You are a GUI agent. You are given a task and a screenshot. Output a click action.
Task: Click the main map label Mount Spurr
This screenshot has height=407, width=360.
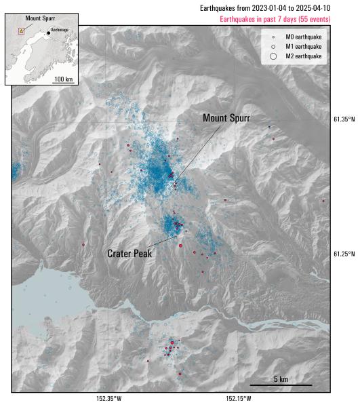(226, 118)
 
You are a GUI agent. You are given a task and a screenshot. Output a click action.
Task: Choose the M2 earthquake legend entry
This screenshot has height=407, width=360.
(304, 56)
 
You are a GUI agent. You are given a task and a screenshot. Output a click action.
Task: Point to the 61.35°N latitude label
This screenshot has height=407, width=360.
(344, 119)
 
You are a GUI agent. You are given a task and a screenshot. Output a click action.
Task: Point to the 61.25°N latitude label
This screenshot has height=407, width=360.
(344, 254)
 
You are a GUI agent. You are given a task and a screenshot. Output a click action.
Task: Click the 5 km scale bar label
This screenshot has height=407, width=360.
(281, 379)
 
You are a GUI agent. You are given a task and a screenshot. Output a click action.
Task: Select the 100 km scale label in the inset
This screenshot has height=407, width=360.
(64, 79)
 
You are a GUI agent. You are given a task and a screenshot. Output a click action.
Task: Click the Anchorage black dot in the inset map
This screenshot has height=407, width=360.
(49, 33)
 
